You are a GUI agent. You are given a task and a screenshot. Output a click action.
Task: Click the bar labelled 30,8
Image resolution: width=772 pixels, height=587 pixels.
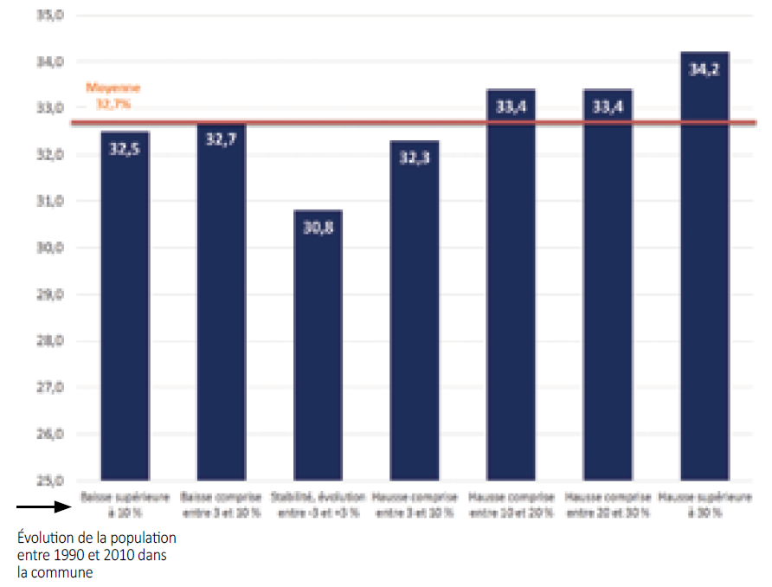tap(318, 346)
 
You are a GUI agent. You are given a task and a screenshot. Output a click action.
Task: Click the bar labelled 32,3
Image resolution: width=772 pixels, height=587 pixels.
tap(415, 312)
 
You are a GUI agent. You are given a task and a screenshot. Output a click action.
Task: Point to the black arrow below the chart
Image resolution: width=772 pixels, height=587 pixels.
tap(42, 507)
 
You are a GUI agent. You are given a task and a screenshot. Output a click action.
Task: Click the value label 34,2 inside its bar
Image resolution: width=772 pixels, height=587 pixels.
tap(704, 70)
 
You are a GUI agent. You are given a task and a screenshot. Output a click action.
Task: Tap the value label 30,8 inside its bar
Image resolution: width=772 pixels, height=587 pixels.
tap(318, 229)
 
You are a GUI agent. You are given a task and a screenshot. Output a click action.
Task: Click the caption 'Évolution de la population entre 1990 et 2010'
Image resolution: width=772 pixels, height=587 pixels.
tap(96, 555)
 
